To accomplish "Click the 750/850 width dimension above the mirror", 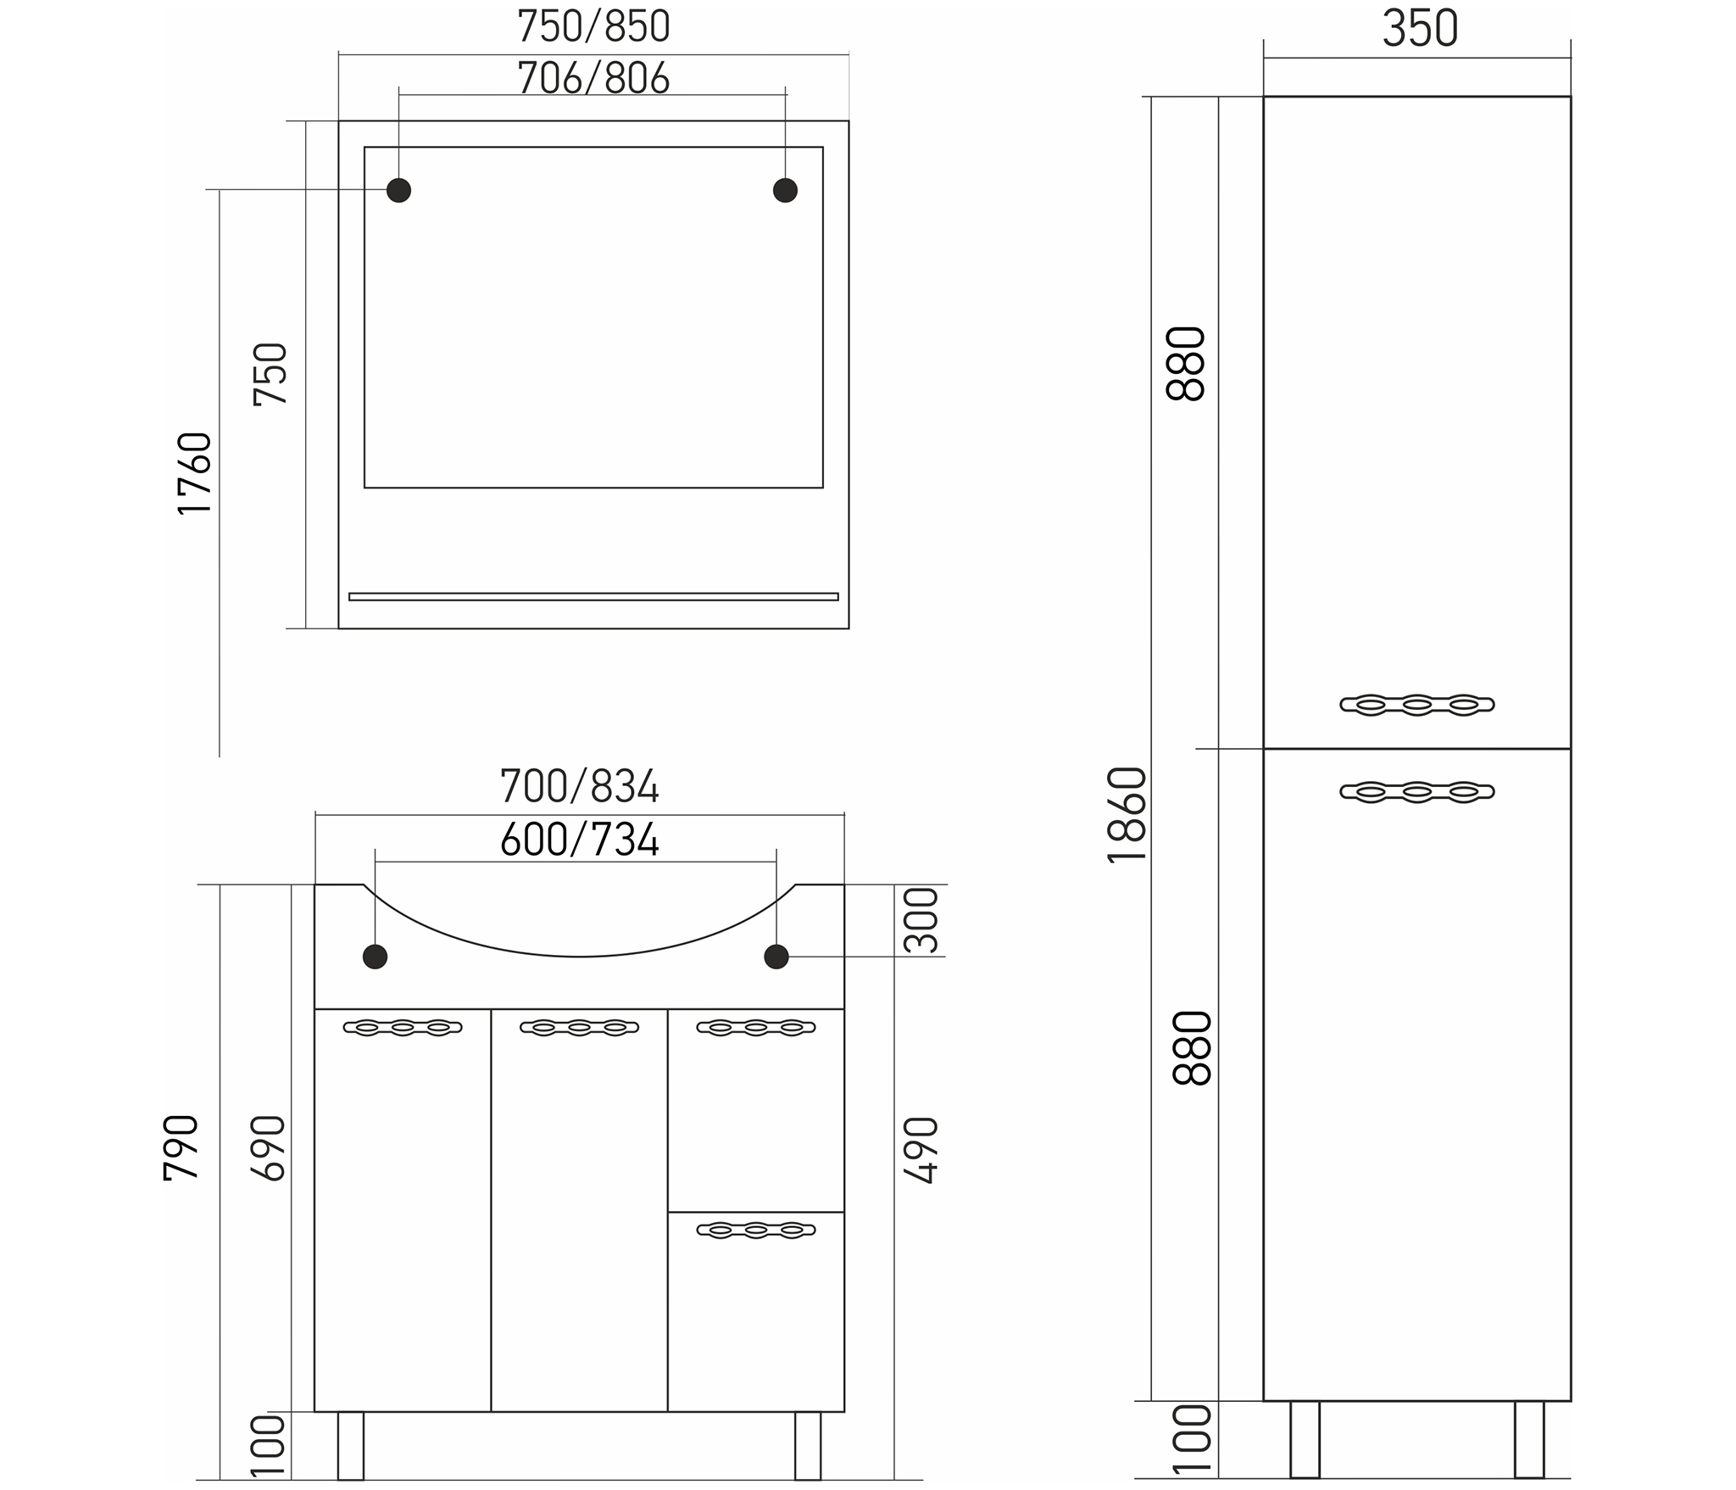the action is [593, 26].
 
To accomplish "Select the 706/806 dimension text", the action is [593, 78].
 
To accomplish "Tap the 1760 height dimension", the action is [194, 473].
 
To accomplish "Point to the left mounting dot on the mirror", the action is [398, 190].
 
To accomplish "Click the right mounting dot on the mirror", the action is [785, 190].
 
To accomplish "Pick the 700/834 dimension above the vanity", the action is [579, 786].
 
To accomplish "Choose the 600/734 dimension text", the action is [579, 840].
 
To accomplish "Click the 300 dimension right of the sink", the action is [921, 920].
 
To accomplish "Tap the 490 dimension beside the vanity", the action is [921, 1150].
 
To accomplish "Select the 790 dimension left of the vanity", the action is [181, 1147].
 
